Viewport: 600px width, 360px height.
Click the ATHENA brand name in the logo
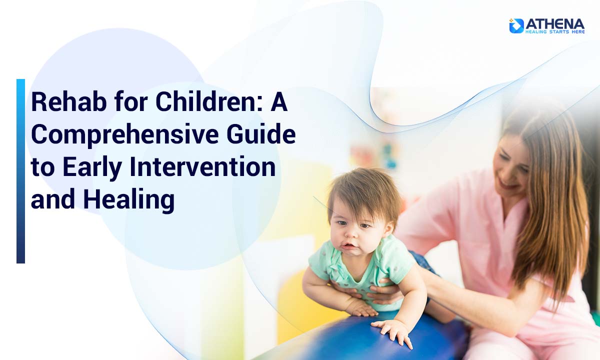coord(554,23)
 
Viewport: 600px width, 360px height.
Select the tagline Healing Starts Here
coord(554,32)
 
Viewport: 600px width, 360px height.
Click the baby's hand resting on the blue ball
coord(392,330)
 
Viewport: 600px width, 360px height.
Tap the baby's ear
coord(388,230)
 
